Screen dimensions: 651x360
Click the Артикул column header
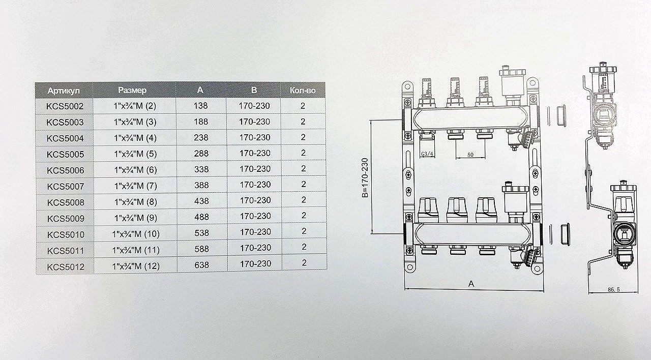[64, 91]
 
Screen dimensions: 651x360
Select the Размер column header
[132, 91]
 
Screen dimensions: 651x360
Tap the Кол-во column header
[303, 91]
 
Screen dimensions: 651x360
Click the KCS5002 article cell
[65, 106]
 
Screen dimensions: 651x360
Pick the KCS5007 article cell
[66, 186]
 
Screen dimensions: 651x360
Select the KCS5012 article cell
[66, 267]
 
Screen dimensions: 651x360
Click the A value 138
[201, 105]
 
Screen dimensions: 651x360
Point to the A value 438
[201, 201]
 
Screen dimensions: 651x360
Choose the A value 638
[202, 265]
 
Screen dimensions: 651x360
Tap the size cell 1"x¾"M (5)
[135, 154]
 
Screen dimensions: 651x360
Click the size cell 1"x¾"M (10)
[136, 234]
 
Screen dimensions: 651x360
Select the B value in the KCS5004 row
[255, 137]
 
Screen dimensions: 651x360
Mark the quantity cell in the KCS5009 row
[304, 215]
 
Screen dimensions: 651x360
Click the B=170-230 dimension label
[365, 178]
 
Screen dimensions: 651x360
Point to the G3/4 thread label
[427, 154]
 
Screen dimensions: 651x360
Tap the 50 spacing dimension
[470, 155]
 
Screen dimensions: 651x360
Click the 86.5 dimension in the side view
[614, 289]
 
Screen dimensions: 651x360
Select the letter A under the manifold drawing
[471, 284]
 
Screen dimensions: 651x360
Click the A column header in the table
[200, 90]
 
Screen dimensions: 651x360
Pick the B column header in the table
[254, 90]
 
